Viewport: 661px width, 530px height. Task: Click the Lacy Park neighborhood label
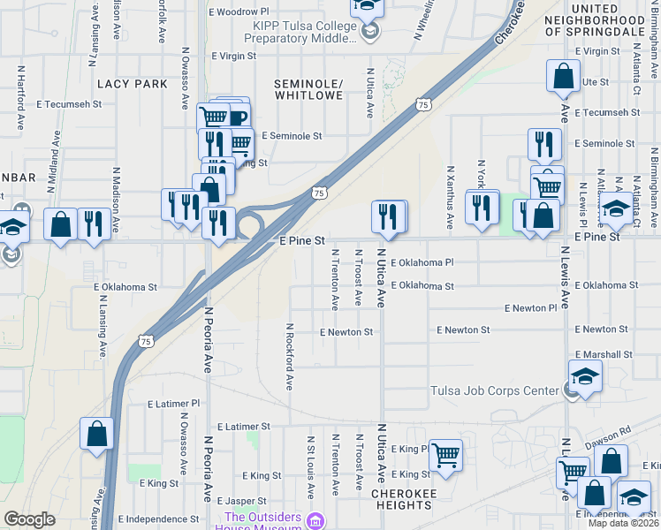(133, 83)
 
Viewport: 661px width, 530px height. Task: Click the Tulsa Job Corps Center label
(495, 391)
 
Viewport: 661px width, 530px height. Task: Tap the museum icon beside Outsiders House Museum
(315, 521)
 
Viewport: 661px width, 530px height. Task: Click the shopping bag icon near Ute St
(563, 78)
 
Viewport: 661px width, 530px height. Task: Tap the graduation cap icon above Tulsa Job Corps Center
(585, 376)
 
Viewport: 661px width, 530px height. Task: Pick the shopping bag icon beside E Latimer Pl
(97, 435)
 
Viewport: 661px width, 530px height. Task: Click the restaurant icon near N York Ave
(482, 206)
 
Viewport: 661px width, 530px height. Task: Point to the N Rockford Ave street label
(289, 356)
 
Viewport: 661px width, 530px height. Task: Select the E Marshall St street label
(603, 353)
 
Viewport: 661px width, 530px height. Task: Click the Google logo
(29, 519)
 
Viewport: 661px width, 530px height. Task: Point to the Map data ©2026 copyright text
(623, 523)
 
